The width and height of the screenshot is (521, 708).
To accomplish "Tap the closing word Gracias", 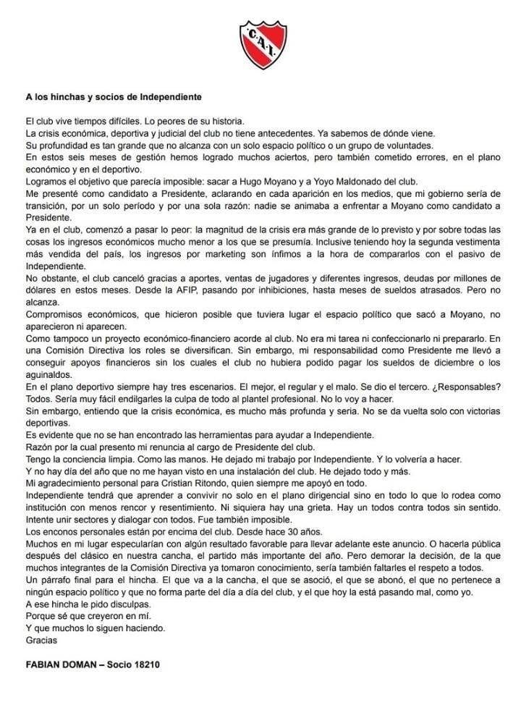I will (x=41, y=640).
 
